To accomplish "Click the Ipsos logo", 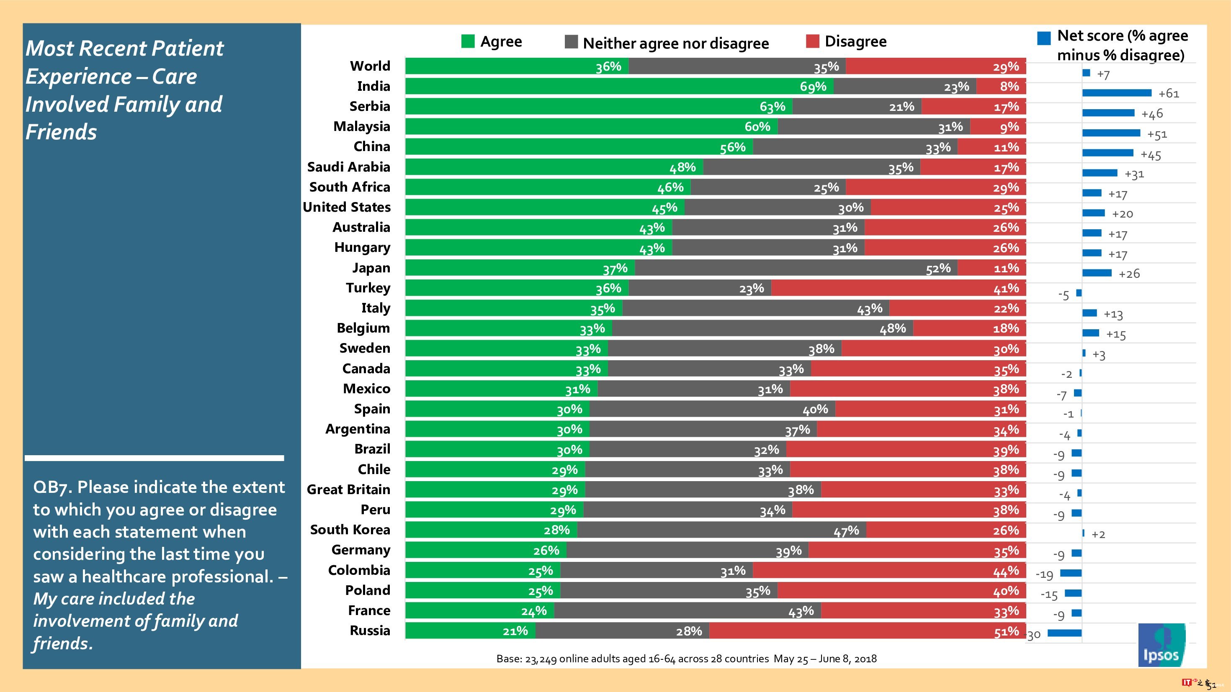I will tap(1161, 645).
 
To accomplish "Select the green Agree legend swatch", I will tap(468, 41).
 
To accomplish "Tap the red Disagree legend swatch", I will tap(812, 41).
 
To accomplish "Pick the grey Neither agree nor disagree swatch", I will tap(571, 42).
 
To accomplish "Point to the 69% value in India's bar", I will tap(813, 87).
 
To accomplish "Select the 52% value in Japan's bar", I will tap(938, 269).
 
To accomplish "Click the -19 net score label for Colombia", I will tap(1044, 574).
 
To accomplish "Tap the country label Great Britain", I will tap(348, 490).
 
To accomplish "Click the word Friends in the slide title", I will tap(61, 132).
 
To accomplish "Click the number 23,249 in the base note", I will tap(541, 659).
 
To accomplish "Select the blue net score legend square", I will tap(1044, 38).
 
